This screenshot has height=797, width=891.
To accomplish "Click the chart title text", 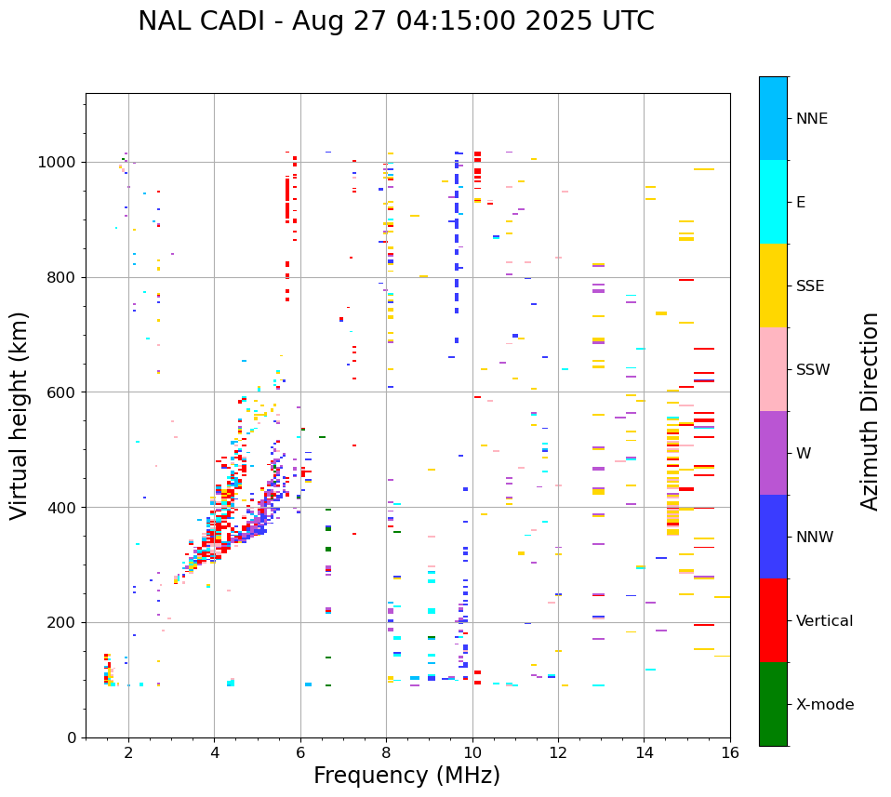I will pyautogui.click(x=396, y=21).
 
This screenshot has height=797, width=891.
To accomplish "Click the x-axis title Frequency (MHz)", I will pyautogui.click(x=406, y=776).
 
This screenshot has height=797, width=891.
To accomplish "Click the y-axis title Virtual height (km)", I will pyautogui.click(x=20, y=416).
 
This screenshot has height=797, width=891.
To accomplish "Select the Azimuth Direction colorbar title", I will pyautogui.click(x=870, y=411).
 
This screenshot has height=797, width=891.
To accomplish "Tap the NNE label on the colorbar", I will pyautogui.click(x=811, y=119).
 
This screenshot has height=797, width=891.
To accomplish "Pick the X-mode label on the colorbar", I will pyautogui.click(x=825, y=705).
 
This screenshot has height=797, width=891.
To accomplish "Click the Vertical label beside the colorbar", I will pyautogui.click(x=824, y=621).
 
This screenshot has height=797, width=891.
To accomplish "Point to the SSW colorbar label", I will pyautogui.click(x=813, y=370).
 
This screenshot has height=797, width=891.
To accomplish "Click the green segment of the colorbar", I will pyautogui.click(x=773, y=704).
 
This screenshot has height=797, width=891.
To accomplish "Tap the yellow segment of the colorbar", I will pyautogui.click(x=773, y=286).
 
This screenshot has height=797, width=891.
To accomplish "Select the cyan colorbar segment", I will pyautogui.click(x=773, y=202).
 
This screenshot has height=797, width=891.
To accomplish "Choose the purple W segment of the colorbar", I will pyautogui.click(x=773, y=453).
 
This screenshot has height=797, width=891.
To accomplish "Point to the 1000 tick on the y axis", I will pyautogui.click(x=59, y=163).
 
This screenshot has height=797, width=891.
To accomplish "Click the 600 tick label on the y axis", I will pyautogui.click(x=62, y=392).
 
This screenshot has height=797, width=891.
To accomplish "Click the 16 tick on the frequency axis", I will pyautogui.click(x=730, y=752).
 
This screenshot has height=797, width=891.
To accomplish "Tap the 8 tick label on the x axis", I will pyautogui.click(x=386, y=752).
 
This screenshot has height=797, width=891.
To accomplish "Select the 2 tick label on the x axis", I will pyautogui.click(x=128, y=752).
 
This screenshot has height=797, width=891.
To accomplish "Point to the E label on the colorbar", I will pyautogui.click(x=801, y=203).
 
